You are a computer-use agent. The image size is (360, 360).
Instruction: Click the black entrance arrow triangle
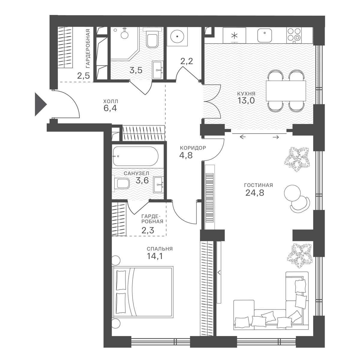pos(40,104)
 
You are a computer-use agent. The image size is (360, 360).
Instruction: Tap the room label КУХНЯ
pos(246,94)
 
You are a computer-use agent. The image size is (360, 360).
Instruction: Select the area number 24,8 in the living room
pos(255,193)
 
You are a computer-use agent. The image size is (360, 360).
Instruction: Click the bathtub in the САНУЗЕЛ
pos(135,156)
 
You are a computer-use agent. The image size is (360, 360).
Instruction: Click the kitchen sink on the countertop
pos(265,35)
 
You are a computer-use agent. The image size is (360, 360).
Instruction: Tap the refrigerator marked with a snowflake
pos(235,35)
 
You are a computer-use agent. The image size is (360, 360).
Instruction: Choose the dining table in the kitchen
pos(286,91)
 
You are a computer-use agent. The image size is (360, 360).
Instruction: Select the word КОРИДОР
pos(193,148)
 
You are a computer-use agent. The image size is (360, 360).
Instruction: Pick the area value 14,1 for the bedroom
pos(155,256)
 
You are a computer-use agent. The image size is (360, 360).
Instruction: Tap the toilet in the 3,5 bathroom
pos(152,39)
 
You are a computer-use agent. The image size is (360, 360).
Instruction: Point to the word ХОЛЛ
pos(111,101)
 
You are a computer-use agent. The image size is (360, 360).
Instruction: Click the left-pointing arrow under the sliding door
pos(243,137)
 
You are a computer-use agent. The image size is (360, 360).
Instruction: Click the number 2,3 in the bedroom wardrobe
pos(148,230)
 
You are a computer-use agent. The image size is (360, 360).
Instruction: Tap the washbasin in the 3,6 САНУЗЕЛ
pos(158,185)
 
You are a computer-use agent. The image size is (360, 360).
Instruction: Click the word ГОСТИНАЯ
pos(258,185)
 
